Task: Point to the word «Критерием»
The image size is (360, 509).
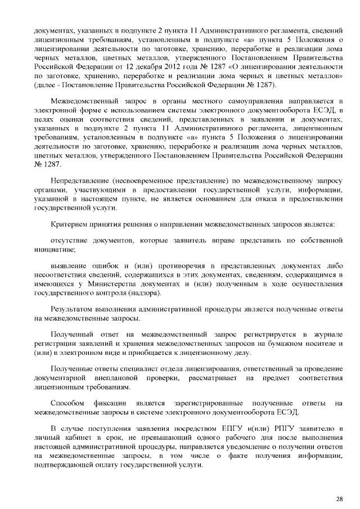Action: [69, 224]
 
